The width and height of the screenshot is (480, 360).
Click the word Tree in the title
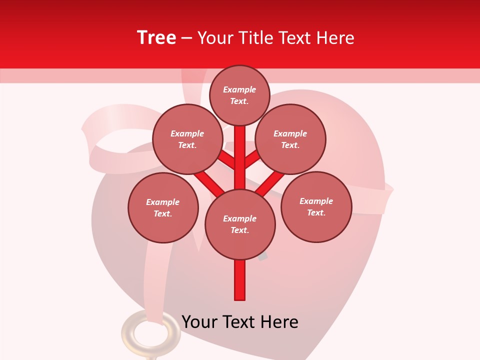156,38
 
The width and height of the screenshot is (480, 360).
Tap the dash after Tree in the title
186,38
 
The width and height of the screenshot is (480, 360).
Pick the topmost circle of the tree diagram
239,95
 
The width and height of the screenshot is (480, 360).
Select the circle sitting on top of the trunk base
240,224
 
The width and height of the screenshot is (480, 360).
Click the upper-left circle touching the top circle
187,139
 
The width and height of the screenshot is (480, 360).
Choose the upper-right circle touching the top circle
290,139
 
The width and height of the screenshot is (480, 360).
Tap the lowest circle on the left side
163,207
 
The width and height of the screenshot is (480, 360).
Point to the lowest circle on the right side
316,206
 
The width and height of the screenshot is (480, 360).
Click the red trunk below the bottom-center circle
240,280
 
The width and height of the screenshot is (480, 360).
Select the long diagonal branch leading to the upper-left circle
207,182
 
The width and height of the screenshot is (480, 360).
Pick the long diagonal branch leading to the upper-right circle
270,183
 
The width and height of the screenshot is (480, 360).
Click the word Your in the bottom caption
199,322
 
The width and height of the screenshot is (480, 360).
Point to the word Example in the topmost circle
239,89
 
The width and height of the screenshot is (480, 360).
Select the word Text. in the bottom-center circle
239,230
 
